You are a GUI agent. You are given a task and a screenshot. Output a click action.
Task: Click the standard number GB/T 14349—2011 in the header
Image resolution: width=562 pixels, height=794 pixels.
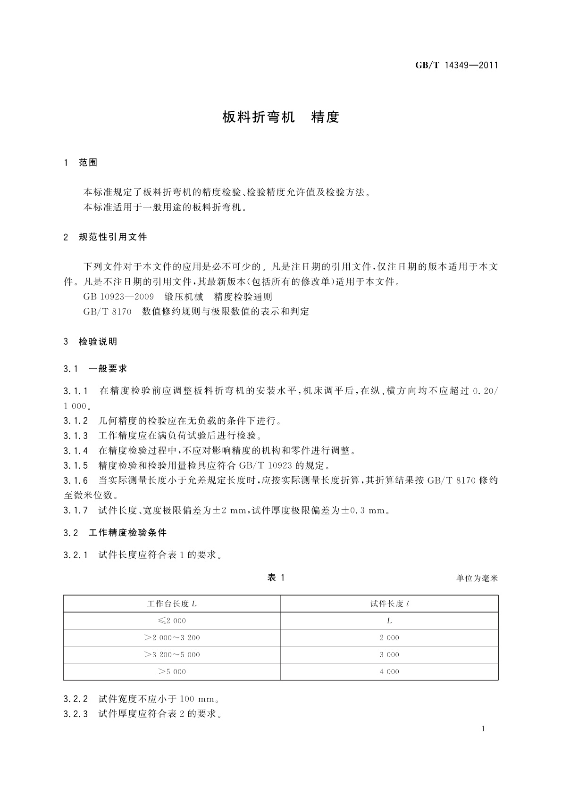coord(456,66)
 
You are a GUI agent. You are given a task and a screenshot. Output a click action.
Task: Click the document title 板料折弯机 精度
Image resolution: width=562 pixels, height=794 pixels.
coord(281,117)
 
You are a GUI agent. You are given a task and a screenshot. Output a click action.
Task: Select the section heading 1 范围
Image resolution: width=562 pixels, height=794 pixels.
coord(81,163)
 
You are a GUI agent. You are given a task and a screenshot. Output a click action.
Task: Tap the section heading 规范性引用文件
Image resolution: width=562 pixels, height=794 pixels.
coord(113,237)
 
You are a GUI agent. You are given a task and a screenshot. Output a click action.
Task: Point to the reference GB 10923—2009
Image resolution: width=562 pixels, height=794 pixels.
coord(118,297)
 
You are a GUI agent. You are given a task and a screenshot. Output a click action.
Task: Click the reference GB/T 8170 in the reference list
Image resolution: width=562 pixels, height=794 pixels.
coord(107,311)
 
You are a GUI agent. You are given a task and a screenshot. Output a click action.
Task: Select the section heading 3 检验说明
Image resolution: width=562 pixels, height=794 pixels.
coord(91,341)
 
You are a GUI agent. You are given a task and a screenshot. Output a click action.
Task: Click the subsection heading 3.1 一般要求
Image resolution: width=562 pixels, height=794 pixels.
coord(95,369)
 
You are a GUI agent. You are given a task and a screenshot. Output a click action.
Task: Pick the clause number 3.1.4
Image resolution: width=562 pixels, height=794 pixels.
coord(75,451)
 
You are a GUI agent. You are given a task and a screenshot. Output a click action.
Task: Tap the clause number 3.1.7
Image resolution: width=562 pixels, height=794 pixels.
coord(75,510)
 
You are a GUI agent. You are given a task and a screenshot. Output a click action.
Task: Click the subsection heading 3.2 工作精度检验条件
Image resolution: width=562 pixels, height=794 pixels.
coord(115,533)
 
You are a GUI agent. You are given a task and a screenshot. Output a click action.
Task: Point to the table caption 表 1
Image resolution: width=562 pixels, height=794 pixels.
coord(276,578)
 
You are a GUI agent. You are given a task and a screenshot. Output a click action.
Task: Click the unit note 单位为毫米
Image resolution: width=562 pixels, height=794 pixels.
coord(477,578)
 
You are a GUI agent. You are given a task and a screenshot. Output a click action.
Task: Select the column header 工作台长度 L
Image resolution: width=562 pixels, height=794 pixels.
coord(172,604)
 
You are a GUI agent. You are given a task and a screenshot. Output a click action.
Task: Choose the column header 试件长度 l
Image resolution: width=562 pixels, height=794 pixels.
coord(389,604)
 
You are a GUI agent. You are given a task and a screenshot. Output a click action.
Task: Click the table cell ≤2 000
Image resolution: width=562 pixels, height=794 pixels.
coord(172,621)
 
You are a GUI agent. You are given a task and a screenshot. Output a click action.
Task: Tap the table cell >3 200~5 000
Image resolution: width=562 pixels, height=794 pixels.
coord(172,655)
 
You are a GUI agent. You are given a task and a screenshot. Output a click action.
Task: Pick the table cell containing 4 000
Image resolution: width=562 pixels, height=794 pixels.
coord(389,672)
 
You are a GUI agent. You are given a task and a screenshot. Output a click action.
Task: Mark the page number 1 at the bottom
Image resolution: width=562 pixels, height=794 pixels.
coord(484,729)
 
